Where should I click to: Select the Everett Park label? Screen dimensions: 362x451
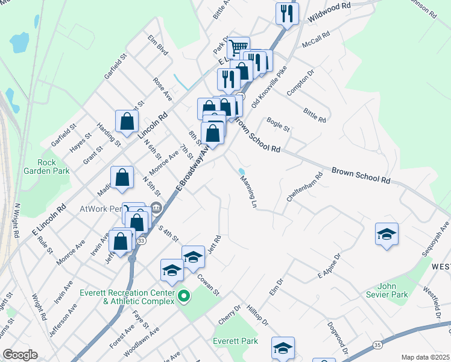click(235, 341)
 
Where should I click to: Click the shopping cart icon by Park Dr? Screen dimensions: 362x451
click(239, 47)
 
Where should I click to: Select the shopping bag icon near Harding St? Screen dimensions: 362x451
click(128, 121)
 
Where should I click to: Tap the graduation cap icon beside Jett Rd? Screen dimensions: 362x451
click(193, 256)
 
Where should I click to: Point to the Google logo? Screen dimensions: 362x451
click(20, 355)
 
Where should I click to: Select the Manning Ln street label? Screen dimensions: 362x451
click(248, 192)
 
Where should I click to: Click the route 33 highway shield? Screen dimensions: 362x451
click(141, 241)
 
